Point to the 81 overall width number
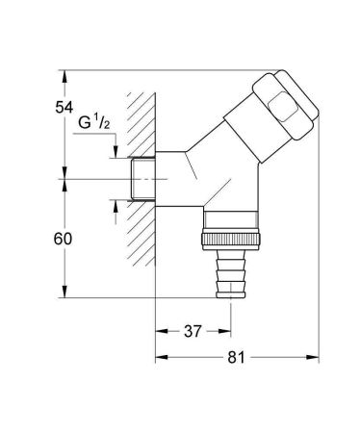[x=236, y=357]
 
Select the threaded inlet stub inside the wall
[x=141, y=180]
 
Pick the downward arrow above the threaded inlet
[x=116, y=155]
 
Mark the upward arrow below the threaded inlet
[x=116, y=204]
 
